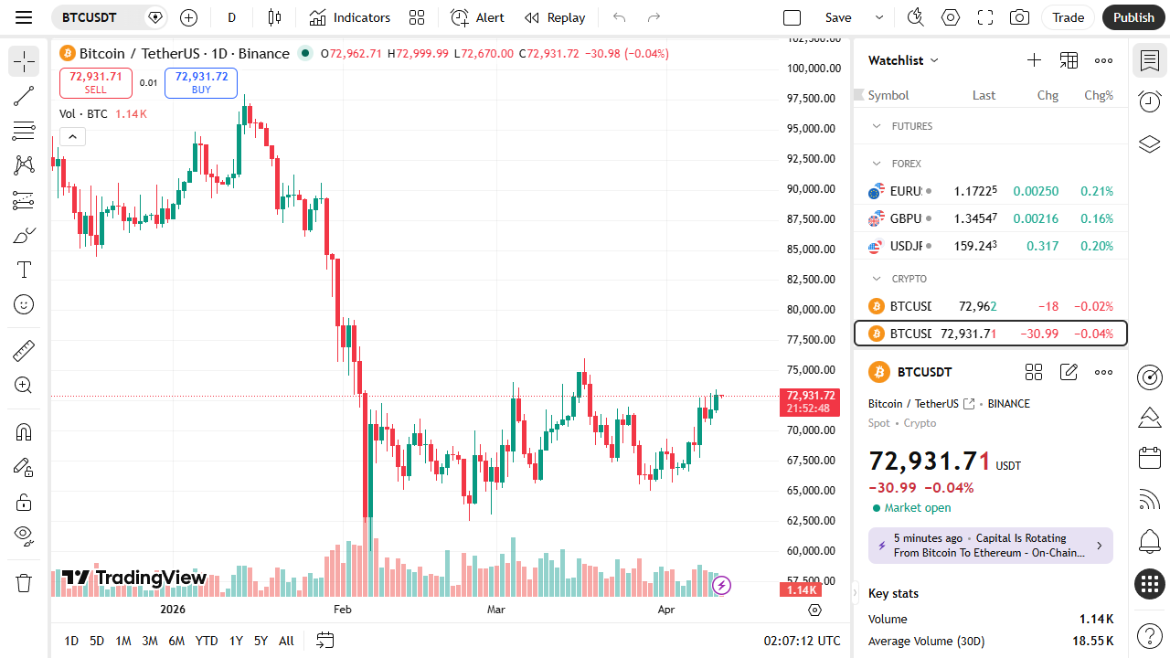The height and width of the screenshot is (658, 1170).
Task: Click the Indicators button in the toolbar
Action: [350, 17]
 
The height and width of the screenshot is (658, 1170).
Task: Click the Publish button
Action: [1133, 17]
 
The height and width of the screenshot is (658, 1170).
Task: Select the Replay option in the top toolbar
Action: [555, 17]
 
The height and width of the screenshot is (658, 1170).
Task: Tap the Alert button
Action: [477, 17]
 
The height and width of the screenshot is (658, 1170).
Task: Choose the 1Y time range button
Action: [236, 641]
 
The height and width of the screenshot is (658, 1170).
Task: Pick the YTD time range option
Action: [207, 641]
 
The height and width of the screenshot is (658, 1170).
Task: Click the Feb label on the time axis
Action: [342, 610]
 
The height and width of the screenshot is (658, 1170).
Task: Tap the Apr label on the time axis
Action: [665, 610]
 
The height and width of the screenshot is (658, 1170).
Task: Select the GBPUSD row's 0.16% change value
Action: [1097, 218]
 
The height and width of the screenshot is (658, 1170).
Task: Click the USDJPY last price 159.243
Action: [975, 246]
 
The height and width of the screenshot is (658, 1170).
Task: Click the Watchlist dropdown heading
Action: [903, 60]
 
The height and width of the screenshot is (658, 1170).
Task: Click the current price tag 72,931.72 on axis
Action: [807, 396]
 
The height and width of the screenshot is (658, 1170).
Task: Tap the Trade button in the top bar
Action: [1068, 17]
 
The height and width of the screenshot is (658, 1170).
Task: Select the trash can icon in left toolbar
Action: [24, 582]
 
